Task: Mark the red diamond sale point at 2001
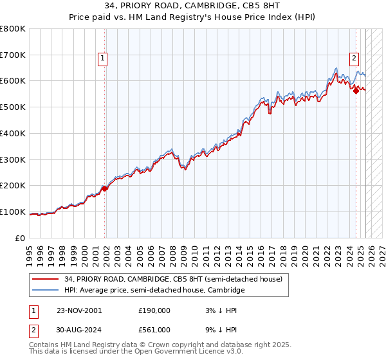105,188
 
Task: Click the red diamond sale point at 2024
356,92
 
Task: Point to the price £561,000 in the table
154,329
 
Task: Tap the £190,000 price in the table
154,310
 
